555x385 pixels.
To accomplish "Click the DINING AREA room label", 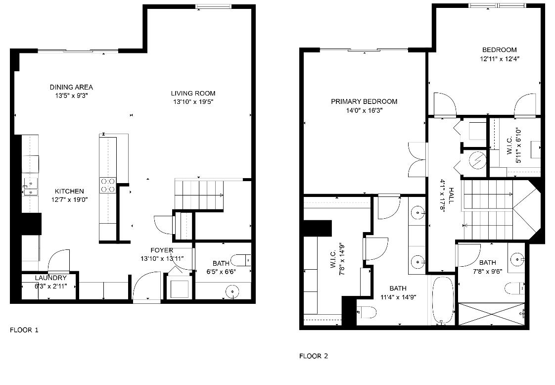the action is point(71,87).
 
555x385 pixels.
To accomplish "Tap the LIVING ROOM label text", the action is point(193,94).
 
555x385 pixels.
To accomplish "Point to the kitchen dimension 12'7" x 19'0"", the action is point(69,200).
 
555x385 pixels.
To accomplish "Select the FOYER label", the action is point(162,250).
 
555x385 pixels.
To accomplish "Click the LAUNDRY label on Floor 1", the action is point(50,278).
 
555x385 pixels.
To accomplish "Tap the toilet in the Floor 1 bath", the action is point(240,260).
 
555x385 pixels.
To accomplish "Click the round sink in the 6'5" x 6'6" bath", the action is point(232,291).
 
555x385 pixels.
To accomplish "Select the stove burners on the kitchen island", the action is point(108,185).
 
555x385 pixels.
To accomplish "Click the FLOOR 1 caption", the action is point(24,330).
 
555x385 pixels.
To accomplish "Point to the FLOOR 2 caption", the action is point(314,356).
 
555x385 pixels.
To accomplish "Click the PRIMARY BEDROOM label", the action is point(364,101).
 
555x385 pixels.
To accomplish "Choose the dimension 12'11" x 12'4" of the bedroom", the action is point(500,59).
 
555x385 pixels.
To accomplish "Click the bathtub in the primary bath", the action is point(442,300).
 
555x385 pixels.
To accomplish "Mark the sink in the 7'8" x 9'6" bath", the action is point(518,260).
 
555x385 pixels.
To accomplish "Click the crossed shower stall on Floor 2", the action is point(491,314).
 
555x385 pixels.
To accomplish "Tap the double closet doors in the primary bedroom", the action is point(417,160).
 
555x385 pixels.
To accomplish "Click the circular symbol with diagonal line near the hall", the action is point(477,160).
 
